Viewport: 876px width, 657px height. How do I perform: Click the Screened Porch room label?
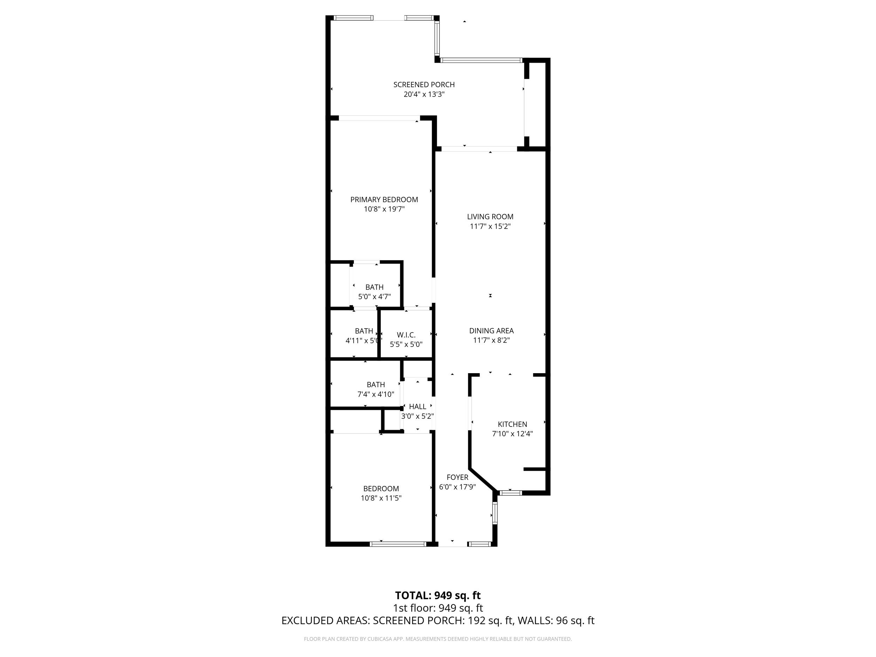click(424, 84)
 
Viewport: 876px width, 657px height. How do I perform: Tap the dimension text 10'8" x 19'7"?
click(384, 209)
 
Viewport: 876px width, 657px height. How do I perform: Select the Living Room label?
click(490, 217)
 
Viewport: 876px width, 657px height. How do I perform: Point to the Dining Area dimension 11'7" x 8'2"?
click(491, 340)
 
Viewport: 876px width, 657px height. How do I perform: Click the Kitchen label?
click(512, 424)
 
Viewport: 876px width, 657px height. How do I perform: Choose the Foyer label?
click(457, 477)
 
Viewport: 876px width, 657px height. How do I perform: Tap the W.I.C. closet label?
click(406, 335)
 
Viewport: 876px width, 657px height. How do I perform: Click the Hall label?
click(417, 407)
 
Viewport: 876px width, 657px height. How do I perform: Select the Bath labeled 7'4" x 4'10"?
click(375, 384)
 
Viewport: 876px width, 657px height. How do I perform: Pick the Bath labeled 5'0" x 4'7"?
click(374, 287)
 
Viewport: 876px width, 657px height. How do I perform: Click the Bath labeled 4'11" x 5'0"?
click(364, 331)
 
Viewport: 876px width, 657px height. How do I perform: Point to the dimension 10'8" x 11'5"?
click(381, 498)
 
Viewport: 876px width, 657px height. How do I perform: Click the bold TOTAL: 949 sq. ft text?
click(438, 596)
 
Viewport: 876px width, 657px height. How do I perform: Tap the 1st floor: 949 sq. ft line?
click(438, 608)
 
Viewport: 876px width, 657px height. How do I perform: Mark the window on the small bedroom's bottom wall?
click(398, 544)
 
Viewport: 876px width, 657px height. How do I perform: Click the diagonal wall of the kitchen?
click(483, 480)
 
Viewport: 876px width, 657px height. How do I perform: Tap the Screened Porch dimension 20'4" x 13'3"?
click(424, 94)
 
